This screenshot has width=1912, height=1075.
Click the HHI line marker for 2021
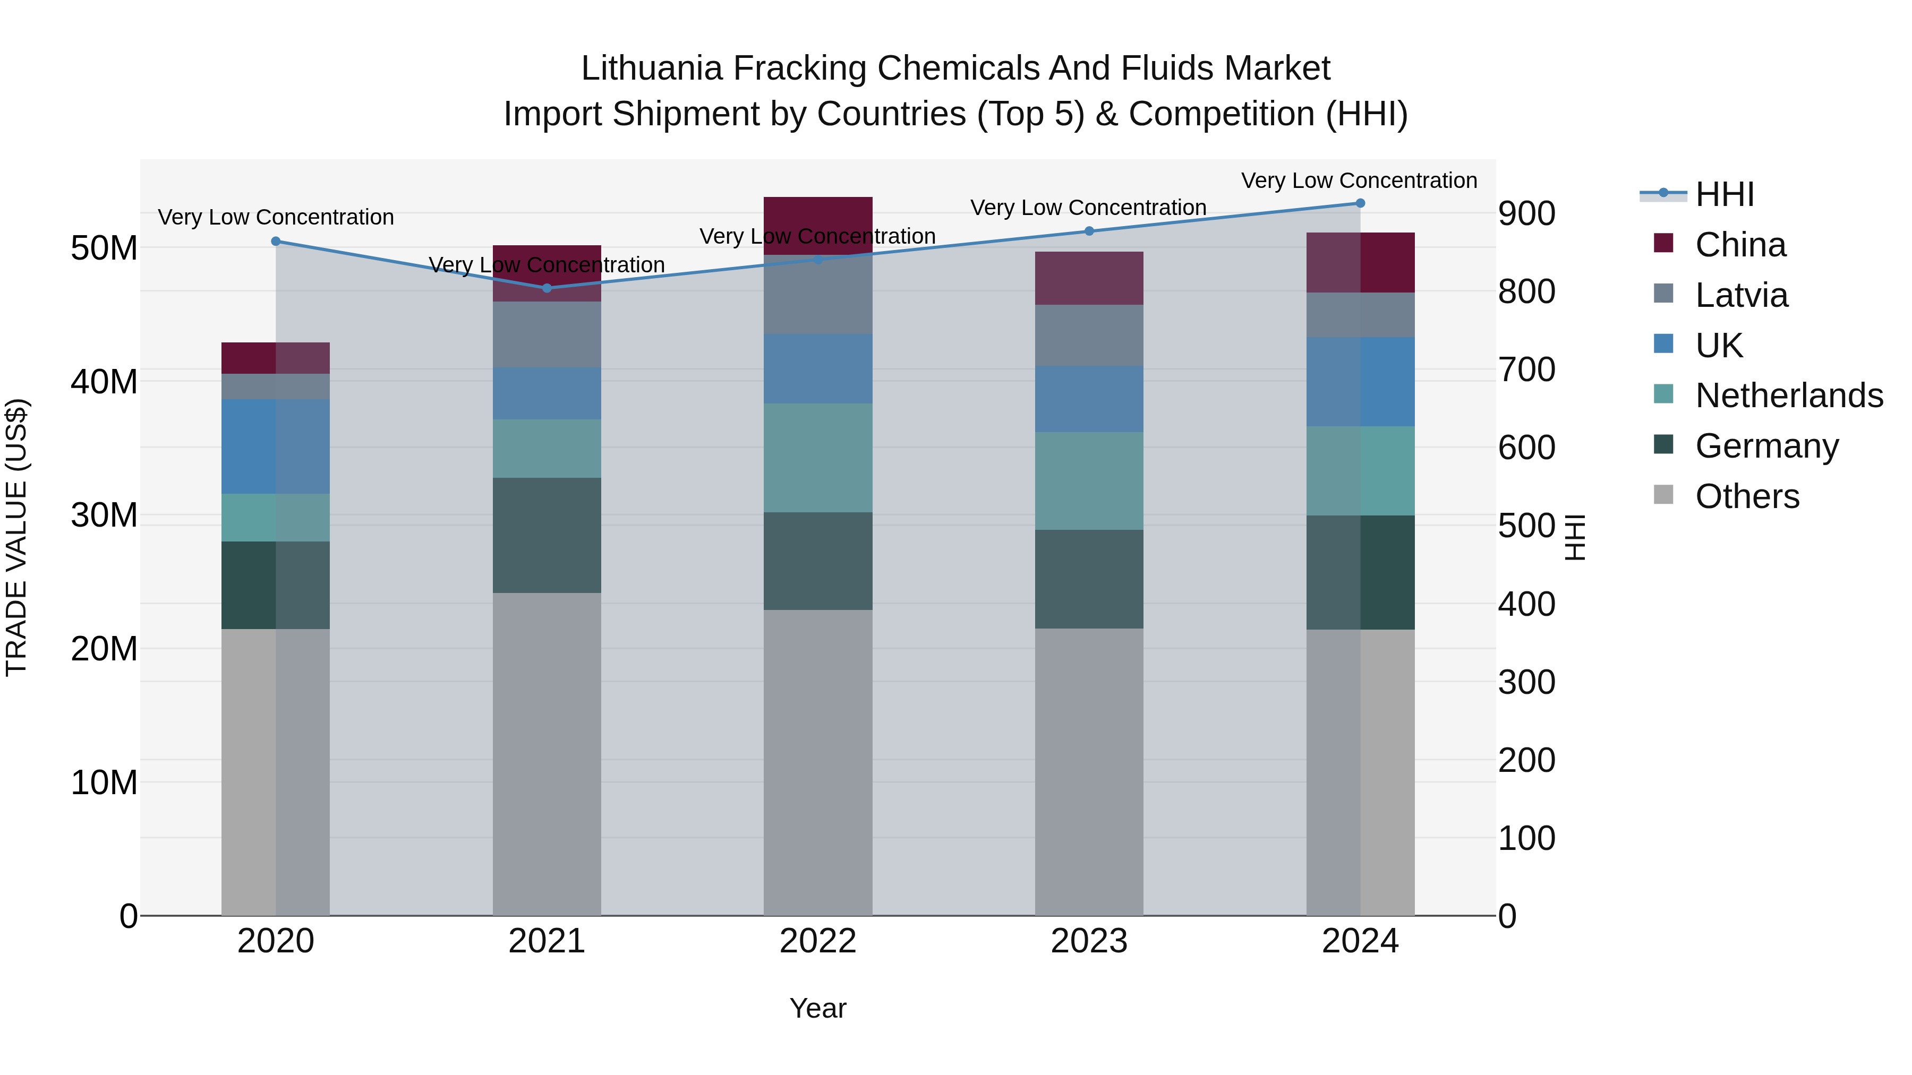pyautogui.click(x=547, y=288)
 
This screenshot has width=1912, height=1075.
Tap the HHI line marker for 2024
pyautogui.click(x=1360, y=203)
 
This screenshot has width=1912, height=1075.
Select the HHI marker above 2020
pyautogui.click(x=275, y=241)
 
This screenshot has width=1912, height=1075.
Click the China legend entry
pyautogui.click(x=1740, y=245)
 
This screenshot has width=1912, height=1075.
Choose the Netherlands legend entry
pyautogui.click(x=1789, y=395)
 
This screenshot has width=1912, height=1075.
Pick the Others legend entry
pyautogui.click(x=1747, y=496)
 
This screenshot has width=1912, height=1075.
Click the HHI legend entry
pyautogui.click(x=1724, y=194)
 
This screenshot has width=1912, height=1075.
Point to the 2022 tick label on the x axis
pyautogui.click(x=818, y=941)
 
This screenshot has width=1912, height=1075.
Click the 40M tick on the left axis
pyautogui.click(x=104, y=382)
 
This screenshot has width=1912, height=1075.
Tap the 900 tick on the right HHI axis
pyautogui.click(x=1526, y=213)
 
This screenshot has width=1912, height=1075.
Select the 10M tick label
pyautogui.click(x=104, y=782)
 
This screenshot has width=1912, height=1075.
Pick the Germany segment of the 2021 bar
pyautogui.click(x=547, y=535)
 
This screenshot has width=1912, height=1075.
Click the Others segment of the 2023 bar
pyautogui.click(x=1089, y=771)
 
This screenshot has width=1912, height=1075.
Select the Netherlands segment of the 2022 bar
pyautogui.click(x=818, y=458)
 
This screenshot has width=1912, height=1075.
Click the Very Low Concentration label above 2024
pyautogui.click(x=1359, y=181)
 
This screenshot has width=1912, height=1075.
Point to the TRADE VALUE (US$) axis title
pyautogui.click(x=16, y=537)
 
